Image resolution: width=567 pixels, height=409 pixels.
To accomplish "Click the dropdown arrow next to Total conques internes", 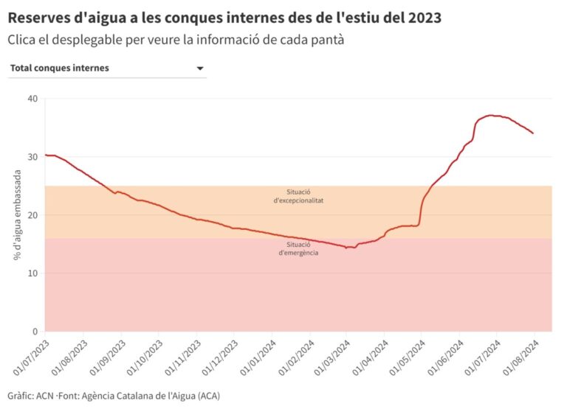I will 199,69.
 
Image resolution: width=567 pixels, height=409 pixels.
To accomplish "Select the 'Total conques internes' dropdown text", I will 60,68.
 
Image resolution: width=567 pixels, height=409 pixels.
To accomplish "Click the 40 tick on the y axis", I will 31,99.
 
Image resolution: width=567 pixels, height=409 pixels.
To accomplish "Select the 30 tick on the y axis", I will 31,157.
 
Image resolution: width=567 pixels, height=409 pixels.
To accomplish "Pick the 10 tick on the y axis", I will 31,273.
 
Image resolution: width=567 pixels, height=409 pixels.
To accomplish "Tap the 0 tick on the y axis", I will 34,332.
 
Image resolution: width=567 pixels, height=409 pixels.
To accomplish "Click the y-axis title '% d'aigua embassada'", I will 16,215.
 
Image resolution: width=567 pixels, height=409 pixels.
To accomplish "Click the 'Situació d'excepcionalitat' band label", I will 298,196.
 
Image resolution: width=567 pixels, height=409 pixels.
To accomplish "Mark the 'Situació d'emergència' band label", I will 298,248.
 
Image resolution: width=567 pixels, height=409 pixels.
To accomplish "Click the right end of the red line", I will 533,133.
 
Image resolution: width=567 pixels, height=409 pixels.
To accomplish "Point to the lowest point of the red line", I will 346,248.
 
